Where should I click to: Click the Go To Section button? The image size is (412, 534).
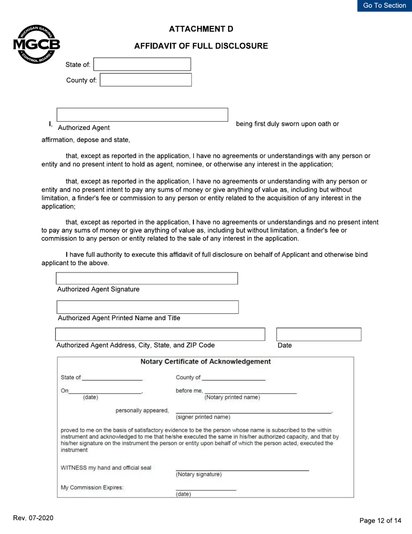click(x=384, y=6)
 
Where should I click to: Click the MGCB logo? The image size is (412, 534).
click(x=36, y=45)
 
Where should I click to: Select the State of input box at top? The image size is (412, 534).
click(x=142, y=64)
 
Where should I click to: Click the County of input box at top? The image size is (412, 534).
click(x=146, y=80)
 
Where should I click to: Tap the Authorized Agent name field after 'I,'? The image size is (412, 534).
click(x=142, y=115)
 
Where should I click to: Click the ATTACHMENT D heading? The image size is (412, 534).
click(x=201, y=29)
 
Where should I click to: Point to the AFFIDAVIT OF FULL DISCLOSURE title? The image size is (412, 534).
click(x=201, y=46)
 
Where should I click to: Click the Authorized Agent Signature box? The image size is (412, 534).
click(x=147, y=278)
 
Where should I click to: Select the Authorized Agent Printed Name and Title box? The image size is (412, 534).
click(x=147, y=307)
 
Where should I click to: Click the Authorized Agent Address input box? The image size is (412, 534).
click(x=160, y=334)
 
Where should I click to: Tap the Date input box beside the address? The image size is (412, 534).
click(x=319, y=334)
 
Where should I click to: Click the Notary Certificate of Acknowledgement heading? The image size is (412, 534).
click(x=206, y=362)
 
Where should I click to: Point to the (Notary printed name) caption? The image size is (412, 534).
click(x=232, y=397)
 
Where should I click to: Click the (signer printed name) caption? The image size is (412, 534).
click(x=203, y=417)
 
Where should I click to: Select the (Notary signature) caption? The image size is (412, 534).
click(x=199, y=475)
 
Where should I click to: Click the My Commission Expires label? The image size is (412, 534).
click(x=92, y=488)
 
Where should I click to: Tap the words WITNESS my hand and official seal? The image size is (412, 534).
click(x=106, y=468)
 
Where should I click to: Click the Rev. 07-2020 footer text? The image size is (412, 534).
click(x=33, y=518)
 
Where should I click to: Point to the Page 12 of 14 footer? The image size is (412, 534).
click(x=380, y=521)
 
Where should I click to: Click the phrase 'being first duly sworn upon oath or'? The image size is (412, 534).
click(x=287, y=124)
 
